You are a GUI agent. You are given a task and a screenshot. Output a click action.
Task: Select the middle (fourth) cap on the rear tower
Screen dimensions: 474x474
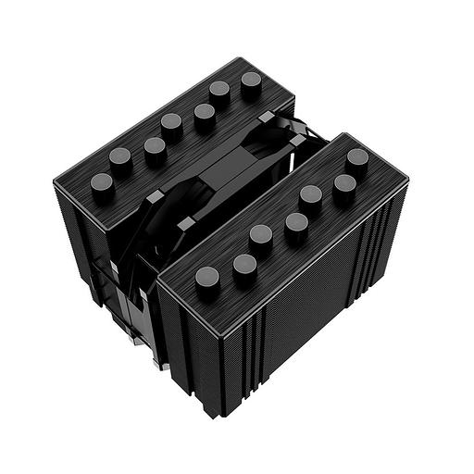tap(171, 123)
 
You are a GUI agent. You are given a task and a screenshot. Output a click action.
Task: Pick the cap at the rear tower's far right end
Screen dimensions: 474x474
tap(252, 82)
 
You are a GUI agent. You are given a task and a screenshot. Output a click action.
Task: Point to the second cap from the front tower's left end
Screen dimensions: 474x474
tap(244, 265)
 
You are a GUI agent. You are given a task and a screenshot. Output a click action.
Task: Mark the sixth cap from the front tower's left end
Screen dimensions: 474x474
tap(344, 187)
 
